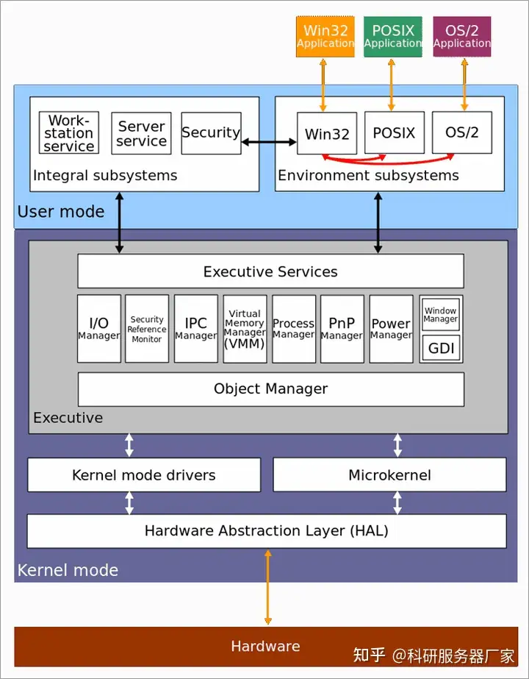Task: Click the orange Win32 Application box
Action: [x=325, y=37]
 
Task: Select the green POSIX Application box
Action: [x=393, y=37]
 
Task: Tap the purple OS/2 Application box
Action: [x=462, y=37]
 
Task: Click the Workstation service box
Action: [x=69, y=132]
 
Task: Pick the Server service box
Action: [x=142, y=133]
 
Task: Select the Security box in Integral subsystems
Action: [x=211, y=133]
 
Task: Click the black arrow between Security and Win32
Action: [x=269, y=141]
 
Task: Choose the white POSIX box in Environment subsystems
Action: [x=395, y=132]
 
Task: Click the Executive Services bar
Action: [x=271, y=271]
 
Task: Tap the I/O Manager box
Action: [x=99, y=329]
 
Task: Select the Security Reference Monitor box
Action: [x=147, y=329]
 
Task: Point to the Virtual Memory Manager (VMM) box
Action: [x=245, y=329]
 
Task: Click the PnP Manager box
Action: [x=342, y=329]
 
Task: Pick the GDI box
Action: [x=441, y=348]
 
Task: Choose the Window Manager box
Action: [x=441, y=315]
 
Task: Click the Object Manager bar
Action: [x=271, y=389]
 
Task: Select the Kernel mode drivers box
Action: [x=144, y=474]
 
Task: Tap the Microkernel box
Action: [x=389, y=474]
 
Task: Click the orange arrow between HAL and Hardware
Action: [x=267, y=587]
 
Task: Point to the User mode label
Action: [x=61, y=212]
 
